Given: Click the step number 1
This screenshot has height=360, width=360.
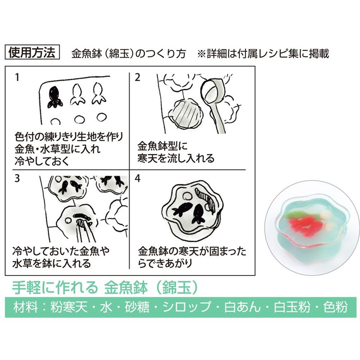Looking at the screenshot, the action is (17, 77).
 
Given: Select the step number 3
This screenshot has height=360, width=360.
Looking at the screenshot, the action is (17, 178).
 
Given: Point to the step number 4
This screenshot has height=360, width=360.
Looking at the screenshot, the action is (138, 178).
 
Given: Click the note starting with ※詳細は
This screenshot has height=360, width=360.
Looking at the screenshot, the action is (263, 54).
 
